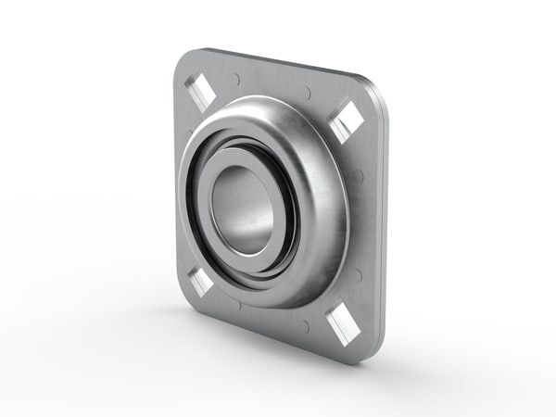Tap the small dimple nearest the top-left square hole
tap(238, 78)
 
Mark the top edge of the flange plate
tap(278, 67)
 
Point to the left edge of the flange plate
tap(176, 185)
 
